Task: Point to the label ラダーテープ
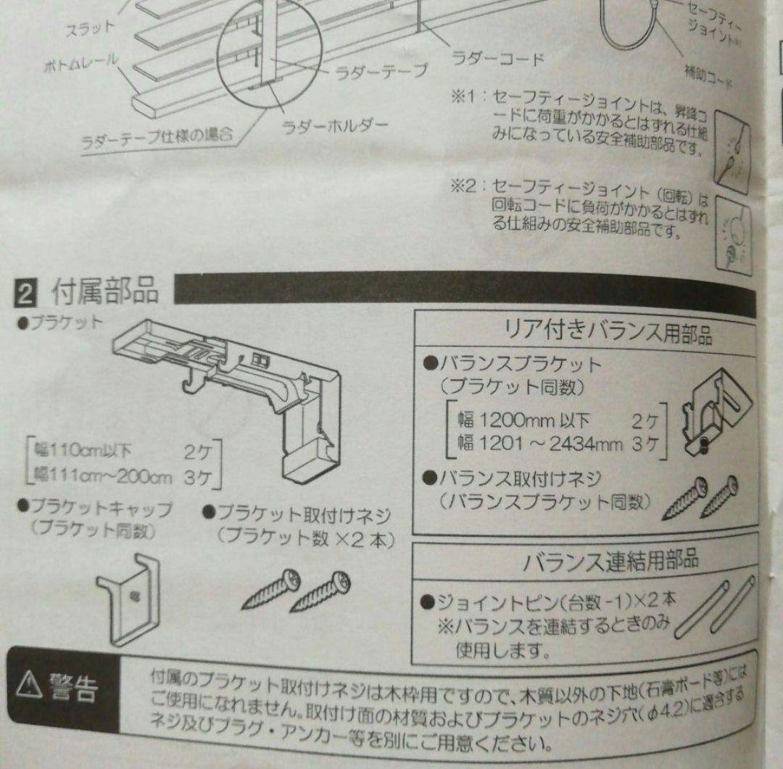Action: pyautogui.click(x=381, y=72)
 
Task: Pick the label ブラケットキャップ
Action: pyautogui.click(x=95, y=510)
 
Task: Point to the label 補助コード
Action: pyautogui.click(x=706, y=74)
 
